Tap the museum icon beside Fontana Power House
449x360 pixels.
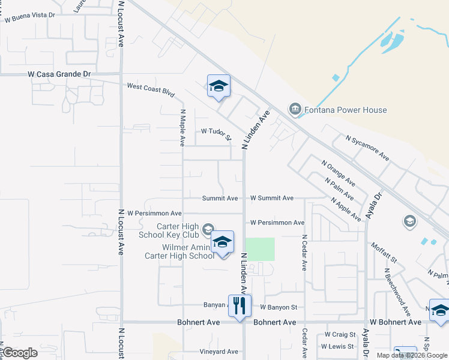[x=295, y=109]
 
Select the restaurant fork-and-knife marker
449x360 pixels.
[x=240, y=305]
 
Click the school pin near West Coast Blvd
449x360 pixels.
[x=218, y=86]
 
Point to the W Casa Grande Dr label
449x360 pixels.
[x=59, y=74]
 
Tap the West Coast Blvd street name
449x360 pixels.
[x=151, y=90]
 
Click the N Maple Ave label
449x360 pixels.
[x=182, y=127]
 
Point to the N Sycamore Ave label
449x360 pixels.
[x=367, y=148]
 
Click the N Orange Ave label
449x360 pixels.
[x=339, y=173]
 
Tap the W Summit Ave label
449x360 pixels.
[x=272, y=198]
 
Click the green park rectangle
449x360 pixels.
[x=260, y=249]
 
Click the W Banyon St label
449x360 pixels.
[x=279, y=307]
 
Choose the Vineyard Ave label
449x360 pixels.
[x=220, y=352]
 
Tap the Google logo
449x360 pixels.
[x=20, y=353]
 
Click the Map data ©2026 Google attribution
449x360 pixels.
[x=412, y=355]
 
